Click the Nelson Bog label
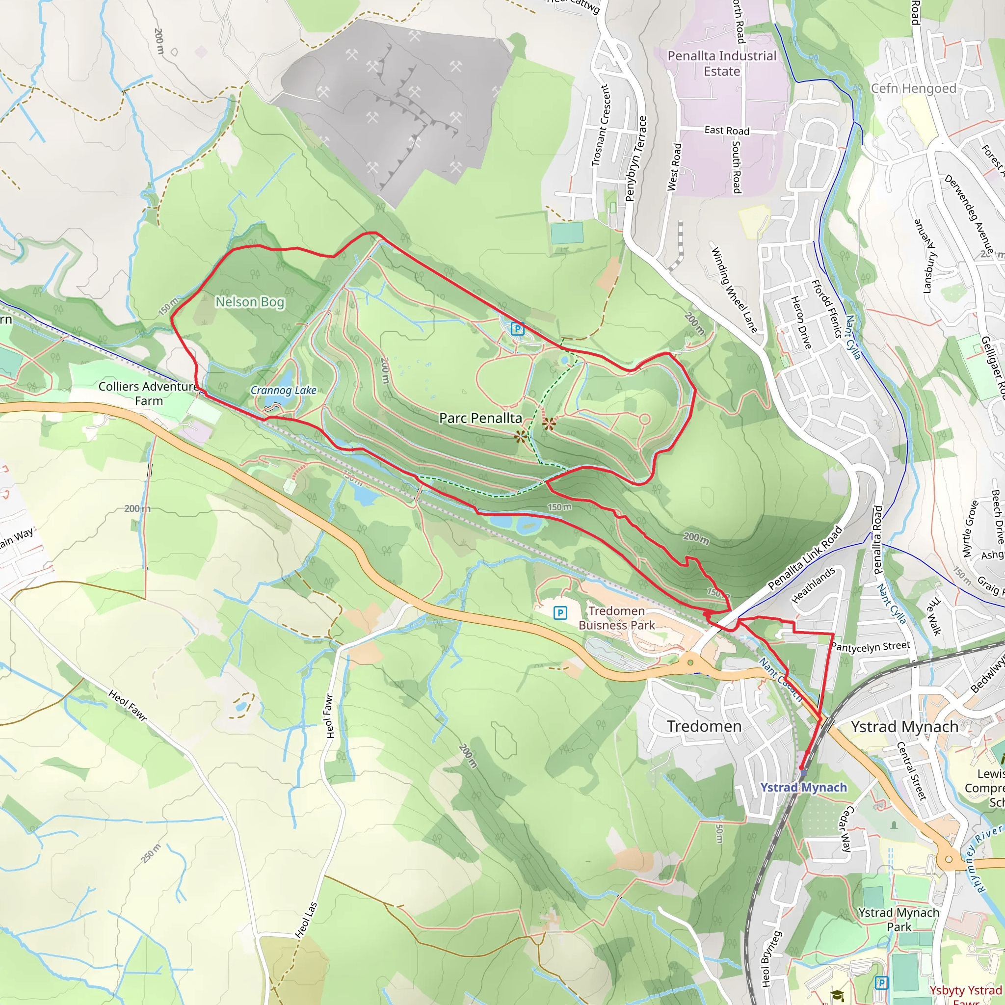[250, 302]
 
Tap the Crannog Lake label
[283, 390]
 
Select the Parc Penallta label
[480, 418]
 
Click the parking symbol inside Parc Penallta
[517, 329]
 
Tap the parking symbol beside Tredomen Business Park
[560, 613]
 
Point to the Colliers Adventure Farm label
[149, 394]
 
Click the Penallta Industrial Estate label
[721, 63]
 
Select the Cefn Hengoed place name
[913, 88]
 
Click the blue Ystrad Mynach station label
[803, 788]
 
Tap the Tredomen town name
[704, 726]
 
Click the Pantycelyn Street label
[871, 647]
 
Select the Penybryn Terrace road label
[635, 159]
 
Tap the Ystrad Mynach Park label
[899, 919]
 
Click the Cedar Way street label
[846, 829]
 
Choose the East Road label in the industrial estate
[727, 131]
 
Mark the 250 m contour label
[151, 854]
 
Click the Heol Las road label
[306, 920]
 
